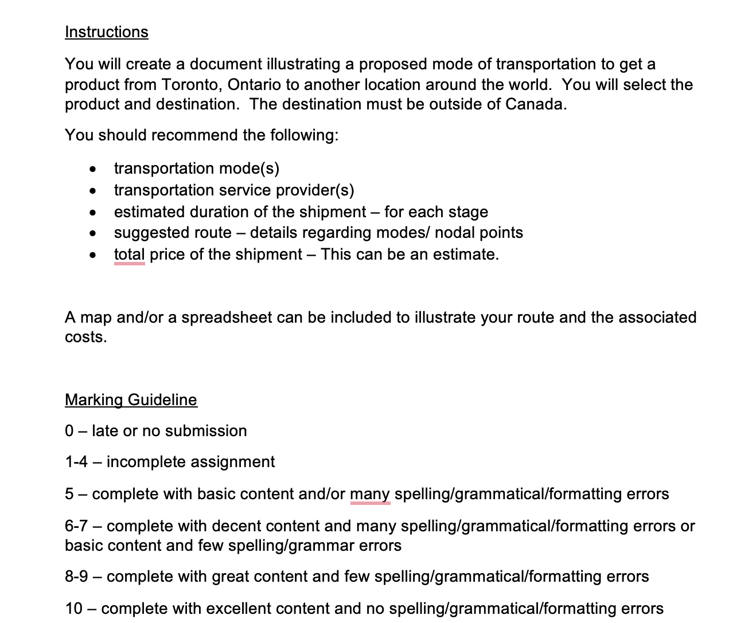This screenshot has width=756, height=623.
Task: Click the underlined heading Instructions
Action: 107,32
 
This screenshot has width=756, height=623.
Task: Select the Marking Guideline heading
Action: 131,400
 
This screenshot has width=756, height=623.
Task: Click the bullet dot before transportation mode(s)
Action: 92,170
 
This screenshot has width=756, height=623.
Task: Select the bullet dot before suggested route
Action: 92,234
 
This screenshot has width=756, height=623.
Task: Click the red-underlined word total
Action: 129,254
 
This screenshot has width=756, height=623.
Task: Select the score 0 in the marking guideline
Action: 69,431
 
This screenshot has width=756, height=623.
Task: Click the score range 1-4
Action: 76,462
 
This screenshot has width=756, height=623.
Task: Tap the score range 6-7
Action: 76,526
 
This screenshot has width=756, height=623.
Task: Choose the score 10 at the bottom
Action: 74,609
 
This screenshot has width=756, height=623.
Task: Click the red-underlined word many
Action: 370,494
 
